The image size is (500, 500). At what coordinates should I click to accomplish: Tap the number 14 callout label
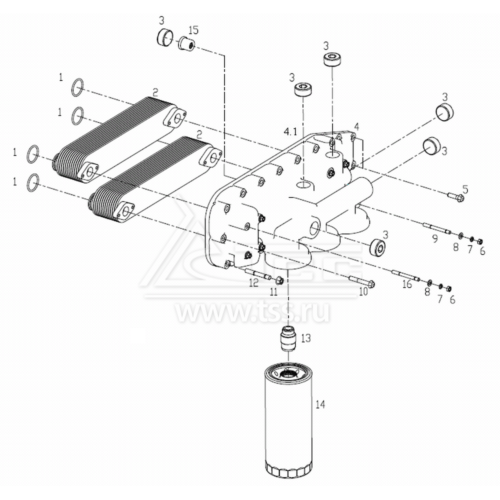320,405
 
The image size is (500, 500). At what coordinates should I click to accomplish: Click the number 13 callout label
306,338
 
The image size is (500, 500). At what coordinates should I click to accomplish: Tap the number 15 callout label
193,30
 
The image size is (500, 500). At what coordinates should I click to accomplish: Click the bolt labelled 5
454,197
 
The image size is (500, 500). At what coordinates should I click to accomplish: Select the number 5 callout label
465,189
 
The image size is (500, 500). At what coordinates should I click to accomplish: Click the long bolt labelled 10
360,282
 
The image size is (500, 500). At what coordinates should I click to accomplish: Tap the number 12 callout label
253,283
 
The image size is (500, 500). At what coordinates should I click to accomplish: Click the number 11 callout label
273,291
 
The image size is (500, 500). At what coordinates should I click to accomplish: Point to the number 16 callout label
407,284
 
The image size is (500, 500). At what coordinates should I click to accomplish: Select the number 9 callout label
434,239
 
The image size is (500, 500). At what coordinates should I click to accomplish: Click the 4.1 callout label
290,132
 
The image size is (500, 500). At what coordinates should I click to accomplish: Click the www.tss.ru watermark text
252,313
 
